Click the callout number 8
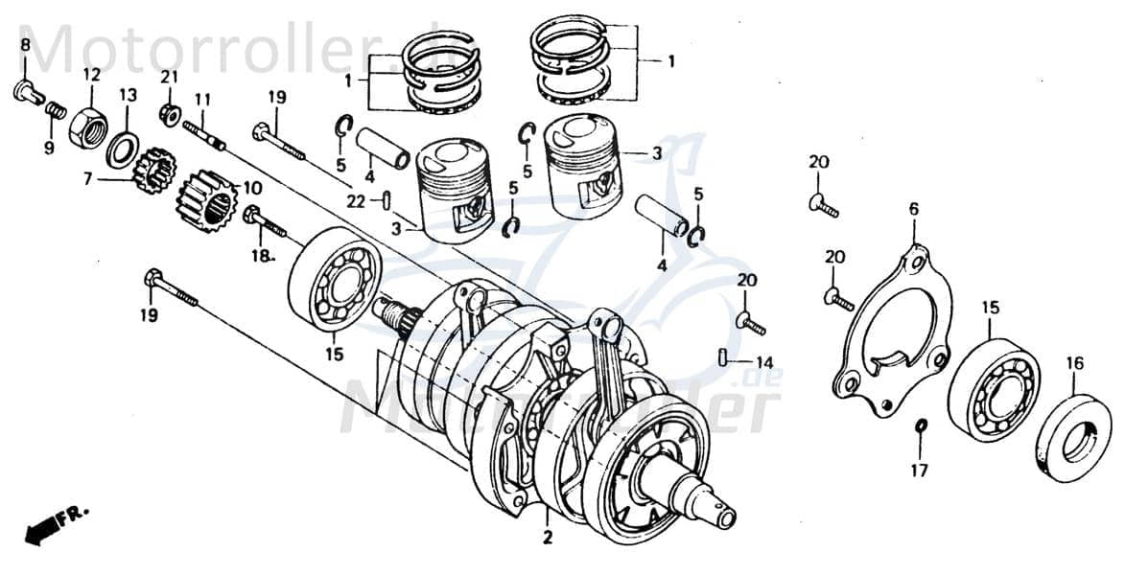[x=25, y=45]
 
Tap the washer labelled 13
[x=122, y=149]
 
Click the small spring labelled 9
[x=56, y=111]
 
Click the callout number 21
[x=169, y=77]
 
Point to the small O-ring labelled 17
[x=921, y=425]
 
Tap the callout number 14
[x=763, y=362]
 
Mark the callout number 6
[x=913, y=208]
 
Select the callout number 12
[x=91, y=74]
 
